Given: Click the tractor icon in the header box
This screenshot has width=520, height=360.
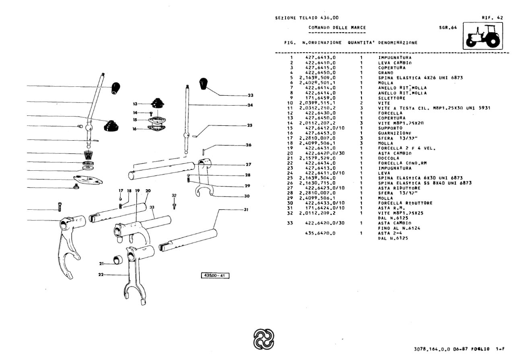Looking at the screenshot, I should [x=483, y=37].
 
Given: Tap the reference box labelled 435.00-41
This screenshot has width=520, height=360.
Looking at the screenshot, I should [x=215, y=275].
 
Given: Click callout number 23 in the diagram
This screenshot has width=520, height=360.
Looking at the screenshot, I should [x=250, y=95].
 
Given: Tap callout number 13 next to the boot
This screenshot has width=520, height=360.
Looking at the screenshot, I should [x=135, y=104].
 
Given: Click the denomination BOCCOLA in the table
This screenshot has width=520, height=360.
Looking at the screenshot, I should [x=387, y=158].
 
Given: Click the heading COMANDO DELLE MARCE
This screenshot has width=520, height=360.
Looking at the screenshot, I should [x=337, y=27].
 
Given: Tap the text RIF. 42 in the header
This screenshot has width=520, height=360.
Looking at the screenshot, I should [x=492, y=18].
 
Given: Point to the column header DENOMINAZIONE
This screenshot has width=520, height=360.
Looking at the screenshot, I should [x=397, y=42].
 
